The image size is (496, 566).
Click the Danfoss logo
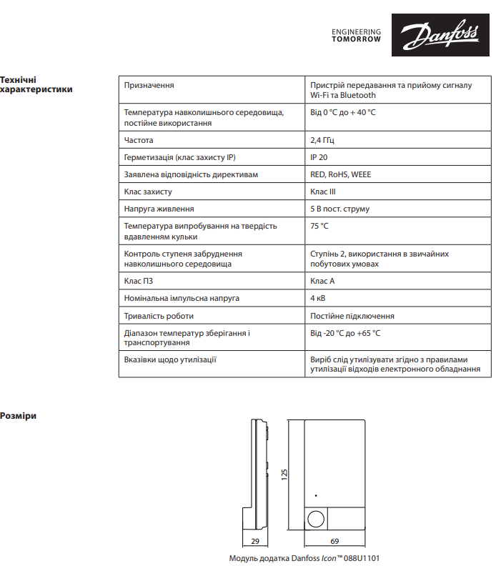coord(431,36)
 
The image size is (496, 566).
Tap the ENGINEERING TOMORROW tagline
coord(357,36)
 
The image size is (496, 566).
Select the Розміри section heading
coord(18,415)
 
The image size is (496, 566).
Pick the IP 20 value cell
coord(319,157)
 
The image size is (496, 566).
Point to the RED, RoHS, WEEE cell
coord(340,174)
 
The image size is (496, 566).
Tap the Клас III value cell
coord(323,192)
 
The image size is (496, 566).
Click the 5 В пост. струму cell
coord(339,209)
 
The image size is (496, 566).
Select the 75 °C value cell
coord(319,226)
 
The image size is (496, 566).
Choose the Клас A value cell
coord(322,281)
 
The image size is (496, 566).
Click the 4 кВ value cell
coord(318,298)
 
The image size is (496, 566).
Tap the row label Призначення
coord(149,85)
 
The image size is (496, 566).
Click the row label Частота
coord(139,140)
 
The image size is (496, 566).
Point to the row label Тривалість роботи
coord(159,315)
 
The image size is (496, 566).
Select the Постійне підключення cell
coord(352,315)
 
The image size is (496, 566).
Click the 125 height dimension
coord(284,474)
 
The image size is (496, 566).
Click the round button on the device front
coord(316,519)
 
